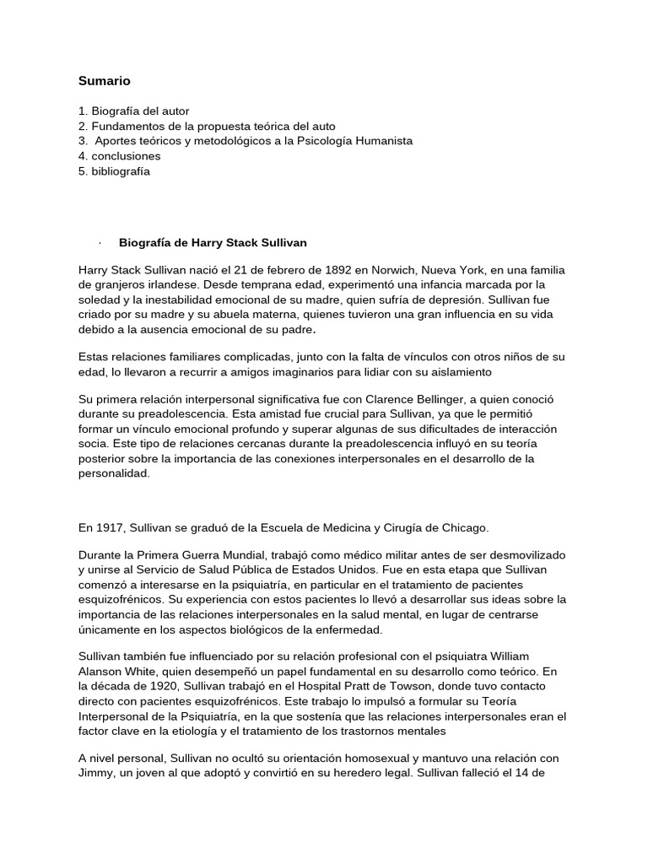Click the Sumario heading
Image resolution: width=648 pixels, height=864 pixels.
[105, 81]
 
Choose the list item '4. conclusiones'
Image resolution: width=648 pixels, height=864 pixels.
[119, 156]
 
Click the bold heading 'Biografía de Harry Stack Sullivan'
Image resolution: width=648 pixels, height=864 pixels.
[213, 243]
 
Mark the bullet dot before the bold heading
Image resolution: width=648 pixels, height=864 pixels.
[100, 243]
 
